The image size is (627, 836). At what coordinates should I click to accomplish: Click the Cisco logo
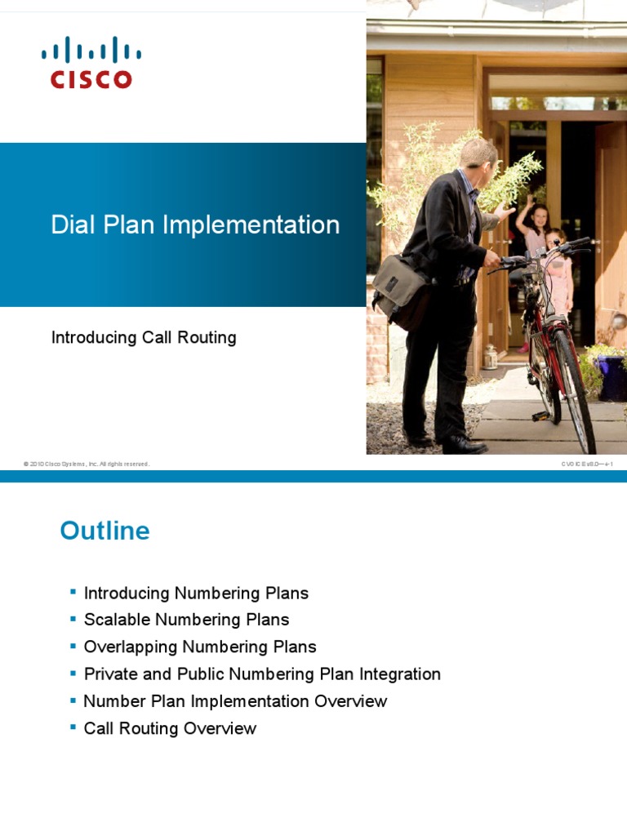tap(91, 62)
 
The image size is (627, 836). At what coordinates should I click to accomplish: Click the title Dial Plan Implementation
tap(195, 225)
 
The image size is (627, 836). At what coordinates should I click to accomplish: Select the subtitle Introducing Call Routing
tap(144, 337)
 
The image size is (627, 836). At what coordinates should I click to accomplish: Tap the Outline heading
tap(104, 531)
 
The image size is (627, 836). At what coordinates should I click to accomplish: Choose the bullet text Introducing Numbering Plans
tap(196, 594)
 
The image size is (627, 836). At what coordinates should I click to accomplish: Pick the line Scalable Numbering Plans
tap(186, 620)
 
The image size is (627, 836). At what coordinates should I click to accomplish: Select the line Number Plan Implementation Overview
tap(235, 701)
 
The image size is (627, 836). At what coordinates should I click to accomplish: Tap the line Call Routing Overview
tap(170, 728)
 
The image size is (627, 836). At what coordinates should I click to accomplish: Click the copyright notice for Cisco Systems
tap(87, 464)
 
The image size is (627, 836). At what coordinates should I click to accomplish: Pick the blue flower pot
tap(612, 376)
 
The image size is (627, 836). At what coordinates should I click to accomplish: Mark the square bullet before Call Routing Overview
tap(73, 726)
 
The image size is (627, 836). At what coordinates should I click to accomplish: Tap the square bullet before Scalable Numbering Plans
tap(73, 617)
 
